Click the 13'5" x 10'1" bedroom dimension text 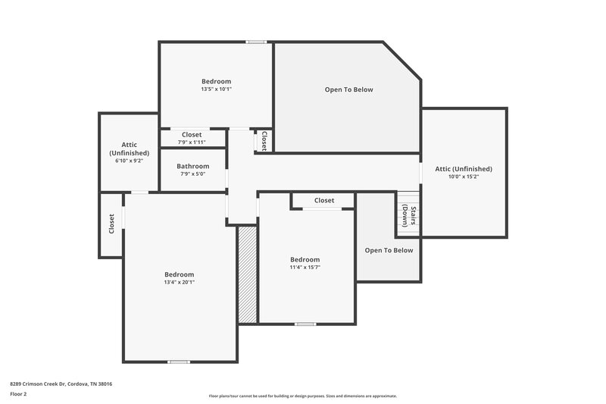point(216,89)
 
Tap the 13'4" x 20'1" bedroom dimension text point(180,282)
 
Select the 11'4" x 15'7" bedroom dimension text point(305,267)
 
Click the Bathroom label point(192,166)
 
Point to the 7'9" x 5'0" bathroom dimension point(192,174)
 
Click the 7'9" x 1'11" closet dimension point(192,142)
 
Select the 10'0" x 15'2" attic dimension point(463,177)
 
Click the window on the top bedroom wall point(256,42)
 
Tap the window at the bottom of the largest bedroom point(179,362)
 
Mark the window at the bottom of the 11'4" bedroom point(305,324)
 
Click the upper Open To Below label point(348,89)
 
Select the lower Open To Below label point(389,250)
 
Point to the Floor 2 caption point(19,395)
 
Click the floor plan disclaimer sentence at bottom point(302,396)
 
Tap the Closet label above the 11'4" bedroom point(323,200)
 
